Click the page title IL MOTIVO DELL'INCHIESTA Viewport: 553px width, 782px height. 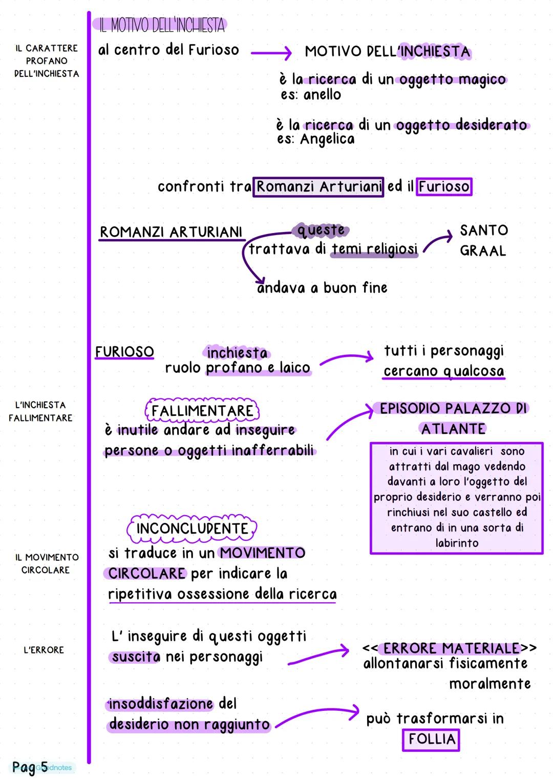(x=160, y=25)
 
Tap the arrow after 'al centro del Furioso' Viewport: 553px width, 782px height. (x=271, y=52)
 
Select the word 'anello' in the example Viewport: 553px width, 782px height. (x=322, y=95)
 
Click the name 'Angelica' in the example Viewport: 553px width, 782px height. (x=327, y=139)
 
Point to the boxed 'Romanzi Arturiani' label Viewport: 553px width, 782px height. (x=318, y=186)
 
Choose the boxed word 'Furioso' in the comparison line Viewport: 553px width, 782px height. (x=443, y=186)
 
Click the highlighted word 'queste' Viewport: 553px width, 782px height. (x=321, y=230)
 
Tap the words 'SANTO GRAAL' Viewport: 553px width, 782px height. (x=483, y=240)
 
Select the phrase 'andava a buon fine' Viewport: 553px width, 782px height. (x=322, y=288)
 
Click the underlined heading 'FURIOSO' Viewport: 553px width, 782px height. (x=124, y=352)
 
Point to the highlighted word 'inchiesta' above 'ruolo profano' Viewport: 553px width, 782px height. (x=237, y=353)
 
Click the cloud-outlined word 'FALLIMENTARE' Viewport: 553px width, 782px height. (x=202, y=411)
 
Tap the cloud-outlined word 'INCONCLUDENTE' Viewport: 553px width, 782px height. (x=192, y=529)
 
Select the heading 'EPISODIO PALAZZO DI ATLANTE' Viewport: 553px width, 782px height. (x=453, y=418)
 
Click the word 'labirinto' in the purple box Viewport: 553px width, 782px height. (x=457, y=543)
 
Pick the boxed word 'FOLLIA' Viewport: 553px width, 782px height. (x=431, y=739)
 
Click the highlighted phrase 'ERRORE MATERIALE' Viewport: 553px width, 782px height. (x=451, y=648)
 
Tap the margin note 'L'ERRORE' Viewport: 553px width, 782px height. (x=44, y=650)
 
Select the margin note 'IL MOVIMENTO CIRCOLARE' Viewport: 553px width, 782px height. (x=47, y=563)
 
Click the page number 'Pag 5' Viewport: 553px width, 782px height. (x=30, y=767)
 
